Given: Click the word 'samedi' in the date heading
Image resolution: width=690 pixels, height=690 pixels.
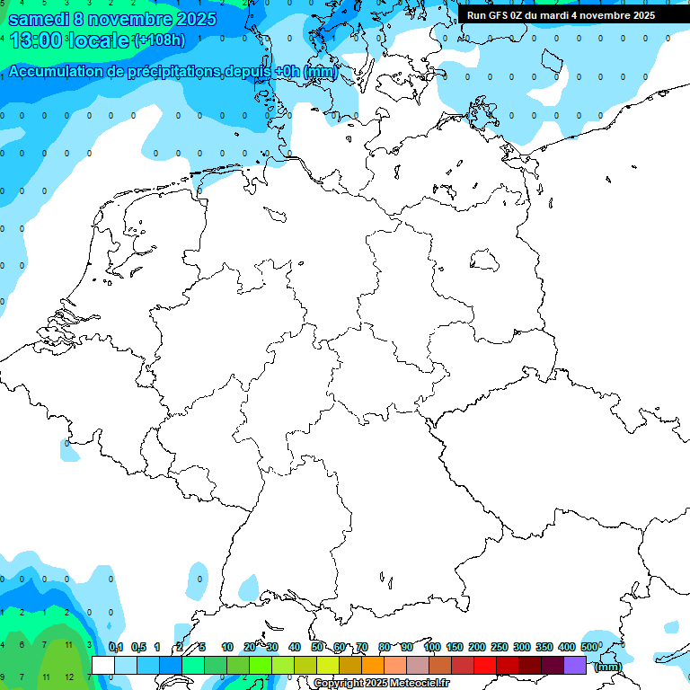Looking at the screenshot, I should pyautogui.click(x=37, y=19).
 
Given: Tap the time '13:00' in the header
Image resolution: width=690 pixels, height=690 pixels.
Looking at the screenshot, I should pyautogui.click(x=36, y=40).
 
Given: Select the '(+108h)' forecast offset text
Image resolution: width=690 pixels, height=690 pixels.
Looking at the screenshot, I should pyautogui.click(x=159, y=41).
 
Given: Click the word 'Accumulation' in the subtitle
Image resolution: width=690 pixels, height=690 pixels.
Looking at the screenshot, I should pyautogui.click(x=62, y=71).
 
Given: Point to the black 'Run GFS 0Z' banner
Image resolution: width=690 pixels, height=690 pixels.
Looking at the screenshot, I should pyautogui.click(x=561, y=14).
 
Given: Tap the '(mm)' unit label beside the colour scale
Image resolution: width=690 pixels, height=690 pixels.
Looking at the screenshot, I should pyautogui.click(x=608, y=667).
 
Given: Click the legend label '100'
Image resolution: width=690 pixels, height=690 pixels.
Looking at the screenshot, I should pyautogui.click(x=431, y=647).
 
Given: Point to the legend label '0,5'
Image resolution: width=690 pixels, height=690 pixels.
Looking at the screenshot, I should pyautogui.click(x=138, y=647).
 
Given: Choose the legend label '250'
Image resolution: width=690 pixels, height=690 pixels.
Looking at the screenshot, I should pyautogui.click(x=500, y=647).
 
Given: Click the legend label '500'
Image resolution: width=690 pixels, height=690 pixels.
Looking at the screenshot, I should pyautogui.click(x=589, y=647).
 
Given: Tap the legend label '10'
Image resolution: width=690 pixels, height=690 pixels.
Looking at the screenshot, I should pyautogui.click(x=227, y=647).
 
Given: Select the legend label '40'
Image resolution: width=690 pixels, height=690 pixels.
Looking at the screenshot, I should pyautogui.click(x=295, y=647).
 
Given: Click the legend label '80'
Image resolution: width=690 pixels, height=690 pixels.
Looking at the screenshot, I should pyautogui.click(x=385, y=647).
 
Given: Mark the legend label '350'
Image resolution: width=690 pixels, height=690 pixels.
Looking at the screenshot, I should pyautogui.click(x=544, y=647).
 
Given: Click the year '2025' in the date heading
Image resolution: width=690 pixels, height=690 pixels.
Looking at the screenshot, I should pyautogui.click(x=186, y=19).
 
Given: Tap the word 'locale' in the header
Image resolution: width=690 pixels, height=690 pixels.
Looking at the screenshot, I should pyautogui.click(x=98, y=40).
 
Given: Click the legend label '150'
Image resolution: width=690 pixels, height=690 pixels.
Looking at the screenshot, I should pyautogui.click(x=455, y=647).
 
